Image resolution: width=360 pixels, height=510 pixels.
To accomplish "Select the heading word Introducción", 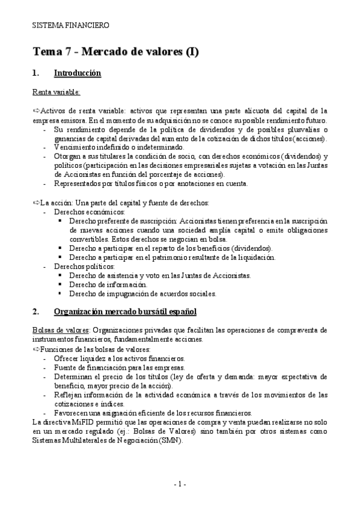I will point(77,74).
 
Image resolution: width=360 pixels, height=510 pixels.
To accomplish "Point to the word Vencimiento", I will point(75,147).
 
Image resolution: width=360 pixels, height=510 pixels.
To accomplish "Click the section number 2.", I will point(36,312).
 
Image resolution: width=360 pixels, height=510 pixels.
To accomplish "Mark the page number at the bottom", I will point(180,484).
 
